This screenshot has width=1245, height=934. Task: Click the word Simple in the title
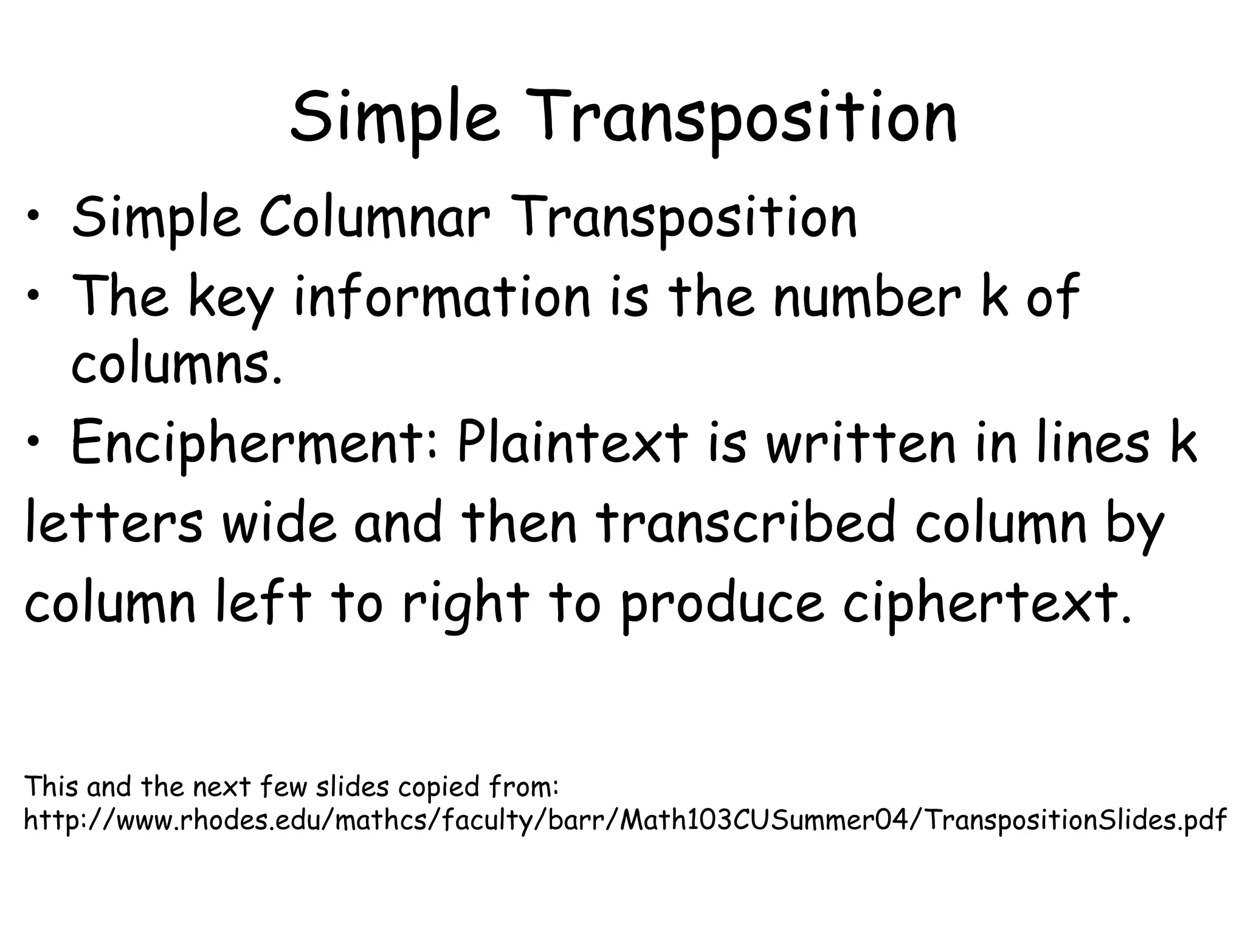[395, 117]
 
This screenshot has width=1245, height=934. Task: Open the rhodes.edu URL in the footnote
[625, 821]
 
